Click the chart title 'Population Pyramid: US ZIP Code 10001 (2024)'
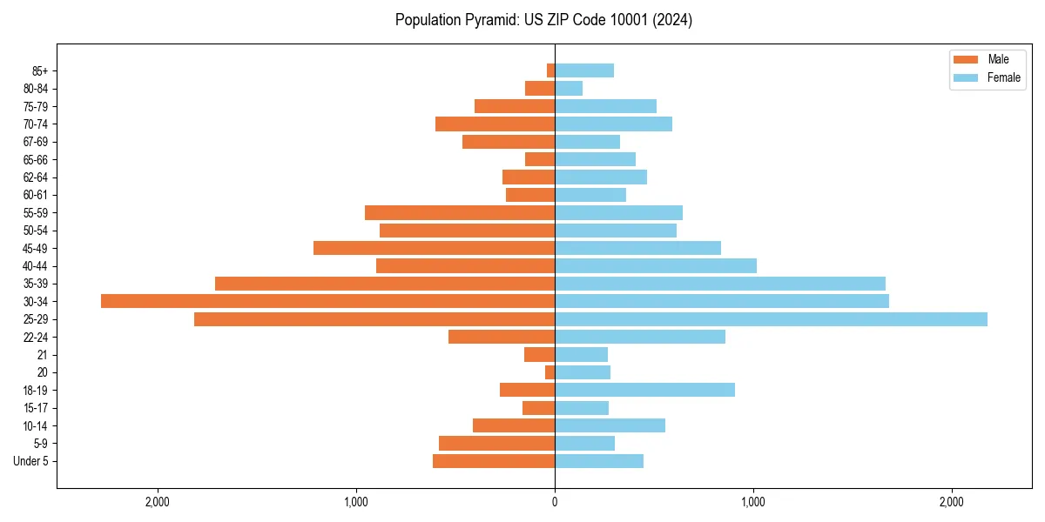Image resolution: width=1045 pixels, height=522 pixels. (x=543, y=20)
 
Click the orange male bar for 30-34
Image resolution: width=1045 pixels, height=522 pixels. (x=327, y=301)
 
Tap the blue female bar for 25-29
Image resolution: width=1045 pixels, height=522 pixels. (x=771, y=319)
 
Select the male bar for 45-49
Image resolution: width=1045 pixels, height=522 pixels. (x=434, y=248)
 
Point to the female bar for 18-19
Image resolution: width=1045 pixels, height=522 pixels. (x=644, y=390)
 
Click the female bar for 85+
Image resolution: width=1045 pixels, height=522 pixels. (x=584, y=70)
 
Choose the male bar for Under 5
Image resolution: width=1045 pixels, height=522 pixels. (x=494, y=461)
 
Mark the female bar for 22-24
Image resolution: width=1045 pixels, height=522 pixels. (x=640, y=337)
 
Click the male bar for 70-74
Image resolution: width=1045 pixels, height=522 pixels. (x=495, y=124)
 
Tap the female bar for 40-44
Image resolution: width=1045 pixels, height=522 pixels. (x=656, y=265)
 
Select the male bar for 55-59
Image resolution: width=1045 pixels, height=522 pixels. (x=460, y=212)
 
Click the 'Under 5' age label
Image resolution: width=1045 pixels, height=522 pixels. (x=30, y=461)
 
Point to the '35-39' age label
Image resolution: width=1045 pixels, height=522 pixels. (x=35, y=284)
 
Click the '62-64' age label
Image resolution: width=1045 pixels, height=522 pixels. (x=35, y=177)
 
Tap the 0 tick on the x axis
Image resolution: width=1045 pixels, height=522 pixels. (x=555, y=502)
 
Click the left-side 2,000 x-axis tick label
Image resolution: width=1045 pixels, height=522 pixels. (x=157, y=502)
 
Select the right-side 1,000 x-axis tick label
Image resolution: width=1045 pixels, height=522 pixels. (x=753, y=502)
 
